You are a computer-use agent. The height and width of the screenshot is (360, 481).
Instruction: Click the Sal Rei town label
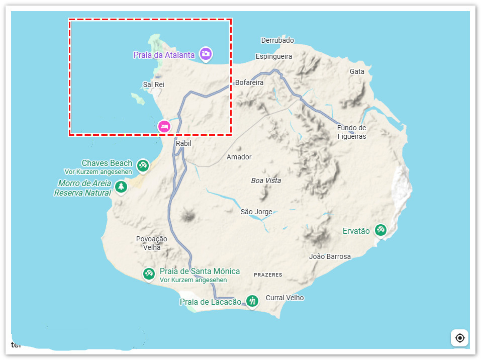point(153,84)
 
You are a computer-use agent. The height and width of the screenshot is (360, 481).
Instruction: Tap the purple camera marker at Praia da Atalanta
point(205,53)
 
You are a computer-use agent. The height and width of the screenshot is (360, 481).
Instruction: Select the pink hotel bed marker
point(164,126)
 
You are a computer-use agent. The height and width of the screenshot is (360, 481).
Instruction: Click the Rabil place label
point(183,143)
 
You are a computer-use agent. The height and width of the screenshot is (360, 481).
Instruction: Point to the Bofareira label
point(249,82)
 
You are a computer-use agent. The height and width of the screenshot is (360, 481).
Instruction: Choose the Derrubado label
point(277,40)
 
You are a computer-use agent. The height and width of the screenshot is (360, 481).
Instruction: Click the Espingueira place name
point(274,56)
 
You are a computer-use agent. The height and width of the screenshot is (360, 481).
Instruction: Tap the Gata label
point(357,71)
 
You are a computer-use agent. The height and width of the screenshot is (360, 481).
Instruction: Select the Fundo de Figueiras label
point(351,132)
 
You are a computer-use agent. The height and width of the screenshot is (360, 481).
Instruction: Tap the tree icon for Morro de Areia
point(121,187)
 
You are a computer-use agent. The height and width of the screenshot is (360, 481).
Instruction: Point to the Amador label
point(239,157)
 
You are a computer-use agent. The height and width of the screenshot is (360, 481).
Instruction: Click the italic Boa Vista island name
point(266,181)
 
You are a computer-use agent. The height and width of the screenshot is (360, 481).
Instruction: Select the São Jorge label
point(256,212)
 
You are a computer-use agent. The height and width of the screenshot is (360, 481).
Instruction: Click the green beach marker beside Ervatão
point(380,230)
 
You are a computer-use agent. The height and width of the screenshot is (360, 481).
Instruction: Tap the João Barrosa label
point(330,256)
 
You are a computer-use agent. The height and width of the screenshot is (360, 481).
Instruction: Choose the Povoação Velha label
point(151,243)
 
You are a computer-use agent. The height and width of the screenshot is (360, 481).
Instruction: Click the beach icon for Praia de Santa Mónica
point(148,274)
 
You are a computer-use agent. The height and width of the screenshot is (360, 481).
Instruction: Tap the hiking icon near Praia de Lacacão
point(252,301)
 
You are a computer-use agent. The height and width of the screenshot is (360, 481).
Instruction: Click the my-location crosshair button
point(459,338)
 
